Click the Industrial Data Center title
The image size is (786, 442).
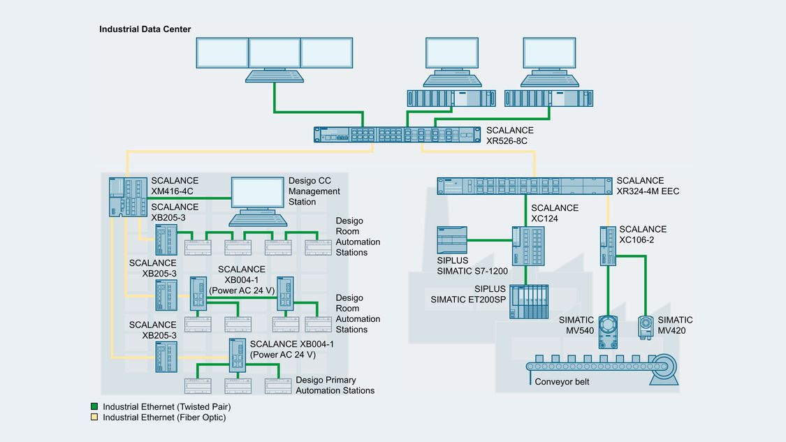(145, 29)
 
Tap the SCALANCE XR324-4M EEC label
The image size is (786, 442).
(647, 186)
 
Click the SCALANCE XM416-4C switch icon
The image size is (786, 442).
(128, 196)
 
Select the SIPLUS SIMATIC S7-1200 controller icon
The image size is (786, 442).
(451, 240)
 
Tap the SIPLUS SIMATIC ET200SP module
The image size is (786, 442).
(529, 302)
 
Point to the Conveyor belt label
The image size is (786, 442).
(561, 382)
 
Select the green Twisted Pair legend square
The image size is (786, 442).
(94, 406)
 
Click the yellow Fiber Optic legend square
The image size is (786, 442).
(94, 418)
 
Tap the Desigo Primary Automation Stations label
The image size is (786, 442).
(335, 385)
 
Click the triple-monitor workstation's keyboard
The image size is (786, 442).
(274, 75)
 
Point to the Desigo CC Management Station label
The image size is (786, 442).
(314, 191)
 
